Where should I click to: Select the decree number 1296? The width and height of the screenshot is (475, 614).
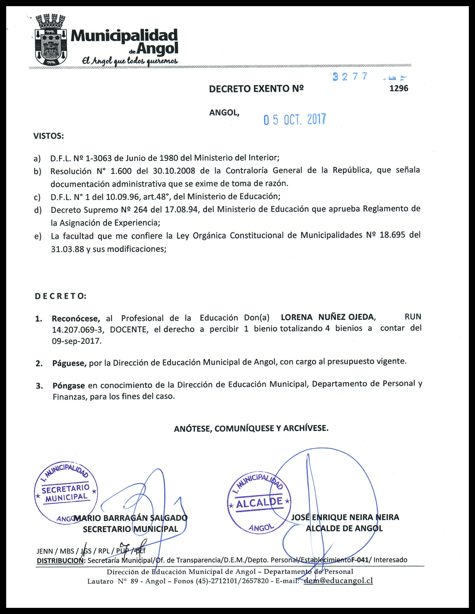click(x=399, y=88)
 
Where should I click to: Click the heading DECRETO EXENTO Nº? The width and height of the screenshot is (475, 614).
click(x=256, y=89)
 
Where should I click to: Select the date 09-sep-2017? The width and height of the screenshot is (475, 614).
click(x=76, y=341)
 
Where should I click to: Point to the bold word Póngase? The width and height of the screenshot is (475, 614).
click(x=69, y=385)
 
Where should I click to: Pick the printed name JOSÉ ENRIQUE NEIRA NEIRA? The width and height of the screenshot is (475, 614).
click(x=345, y=517)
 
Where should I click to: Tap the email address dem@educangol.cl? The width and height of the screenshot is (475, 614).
click(x=338, y=581)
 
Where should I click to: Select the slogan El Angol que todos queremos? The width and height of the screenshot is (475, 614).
click(x=130, y=60)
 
